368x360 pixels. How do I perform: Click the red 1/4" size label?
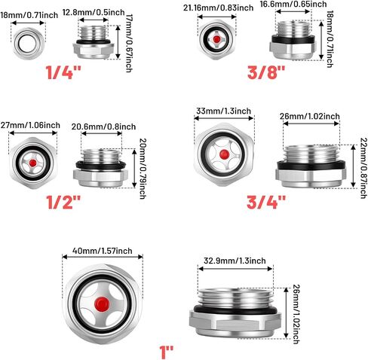(x=63, y=72)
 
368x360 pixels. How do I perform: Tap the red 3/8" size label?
(x=266, y=72)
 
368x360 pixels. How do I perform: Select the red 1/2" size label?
(x=64, y=203)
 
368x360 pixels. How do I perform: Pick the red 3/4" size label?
(x=266, y=203)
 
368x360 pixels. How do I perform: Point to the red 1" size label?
(x=167, y=352)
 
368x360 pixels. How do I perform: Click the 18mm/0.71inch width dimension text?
(x=29, y=15)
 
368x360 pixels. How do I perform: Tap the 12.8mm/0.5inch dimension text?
(x=94, y=12)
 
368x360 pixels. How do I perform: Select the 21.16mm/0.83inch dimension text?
(x=218, y=8)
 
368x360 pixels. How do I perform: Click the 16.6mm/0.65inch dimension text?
(x=293, y=5)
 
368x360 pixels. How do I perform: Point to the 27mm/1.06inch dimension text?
(x=30, y=125)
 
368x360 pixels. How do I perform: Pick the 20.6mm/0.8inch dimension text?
(x=103, y=127)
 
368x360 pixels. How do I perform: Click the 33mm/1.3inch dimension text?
(x=223, y=111)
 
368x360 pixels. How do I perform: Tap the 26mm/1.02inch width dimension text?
(x=310, y=116)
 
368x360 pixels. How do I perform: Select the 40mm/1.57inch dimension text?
(x=103, y=251)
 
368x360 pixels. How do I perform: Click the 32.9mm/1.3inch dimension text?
(x=235, y=261)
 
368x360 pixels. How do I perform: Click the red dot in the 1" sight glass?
(x=102, y=304)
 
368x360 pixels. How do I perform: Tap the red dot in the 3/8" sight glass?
(x=216, y=39)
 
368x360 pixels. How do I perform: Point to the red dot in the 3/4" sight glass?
(x=224, y=154)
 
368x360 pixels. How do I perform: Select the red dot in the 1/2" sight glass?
(x=32, y=163)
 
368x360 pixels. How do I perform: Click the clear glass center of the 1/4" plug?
(x=28, y=44)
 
